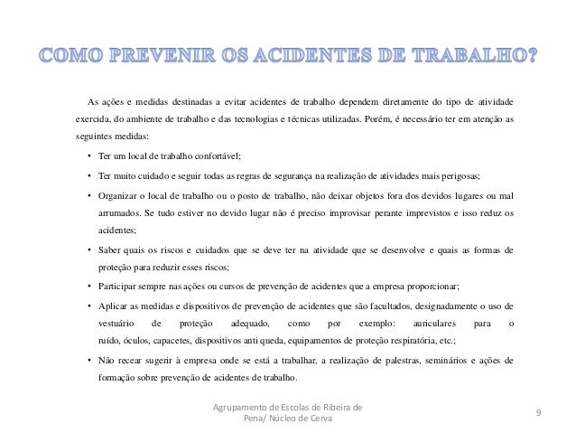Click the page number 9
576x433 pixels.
pos(538,413)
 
